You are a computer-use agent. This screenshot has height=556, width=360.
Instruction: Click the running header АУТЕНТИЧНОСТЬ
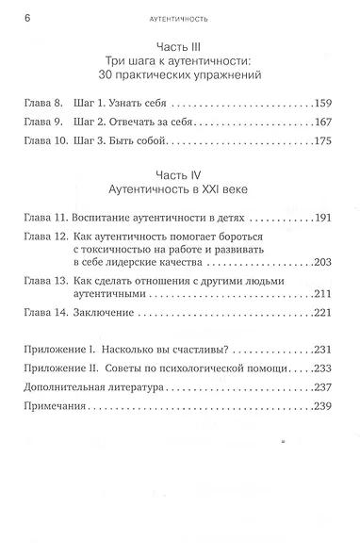(179, 18)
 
